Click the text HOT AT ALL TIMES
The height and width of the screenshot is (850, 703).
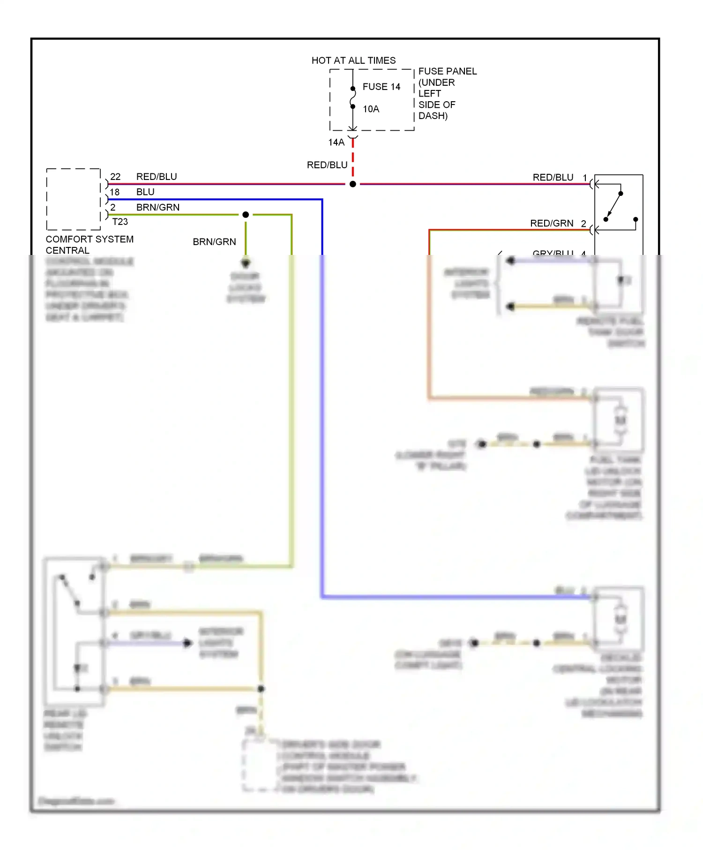pos(353,60)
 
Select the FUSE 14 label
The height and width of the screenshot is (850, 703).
pos(381,87)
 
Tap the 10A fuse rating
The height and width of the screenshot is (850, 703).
pos(371,109)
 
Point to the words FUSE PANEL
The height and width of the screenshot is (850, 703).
pos(447,71)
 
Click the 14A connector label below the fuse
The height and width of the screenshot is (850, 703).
pos(336,142)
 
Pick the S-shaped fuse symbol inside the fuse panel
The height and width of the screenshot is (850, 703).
pos(353,97)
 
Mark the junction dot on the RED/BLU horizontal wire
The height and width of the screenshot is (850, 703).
pos(353,184)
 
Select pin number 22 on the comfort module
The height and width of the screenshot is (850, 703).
pos(115,177)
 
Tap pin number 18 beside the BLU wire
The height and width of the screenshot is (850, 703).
pos(115,192)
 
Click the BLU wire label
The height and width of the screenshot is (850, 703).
pos(145,192)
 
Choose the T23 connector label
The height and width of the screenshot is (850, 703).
pos(120,222)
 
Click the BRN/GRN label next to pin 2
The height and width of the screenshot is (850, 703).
pos(157,208)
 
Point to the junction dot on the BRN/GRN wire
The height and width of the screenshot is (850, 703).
pos(246,215)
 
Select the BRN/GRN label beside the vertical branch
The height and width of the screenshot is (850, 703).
pos(214,242)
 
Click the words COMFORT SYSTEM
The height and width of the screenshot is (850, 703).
pos(90,239)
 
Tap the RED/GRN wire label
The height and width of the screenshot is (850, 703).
pos(552,224)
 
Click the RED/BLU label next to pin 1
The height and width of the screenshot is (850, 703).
pos(553,178)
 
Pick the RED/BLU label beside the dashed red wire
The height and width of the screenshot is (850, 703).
pos(327,165)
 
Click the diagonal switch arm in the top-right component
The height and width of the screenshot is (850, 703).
pos(613,206)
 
